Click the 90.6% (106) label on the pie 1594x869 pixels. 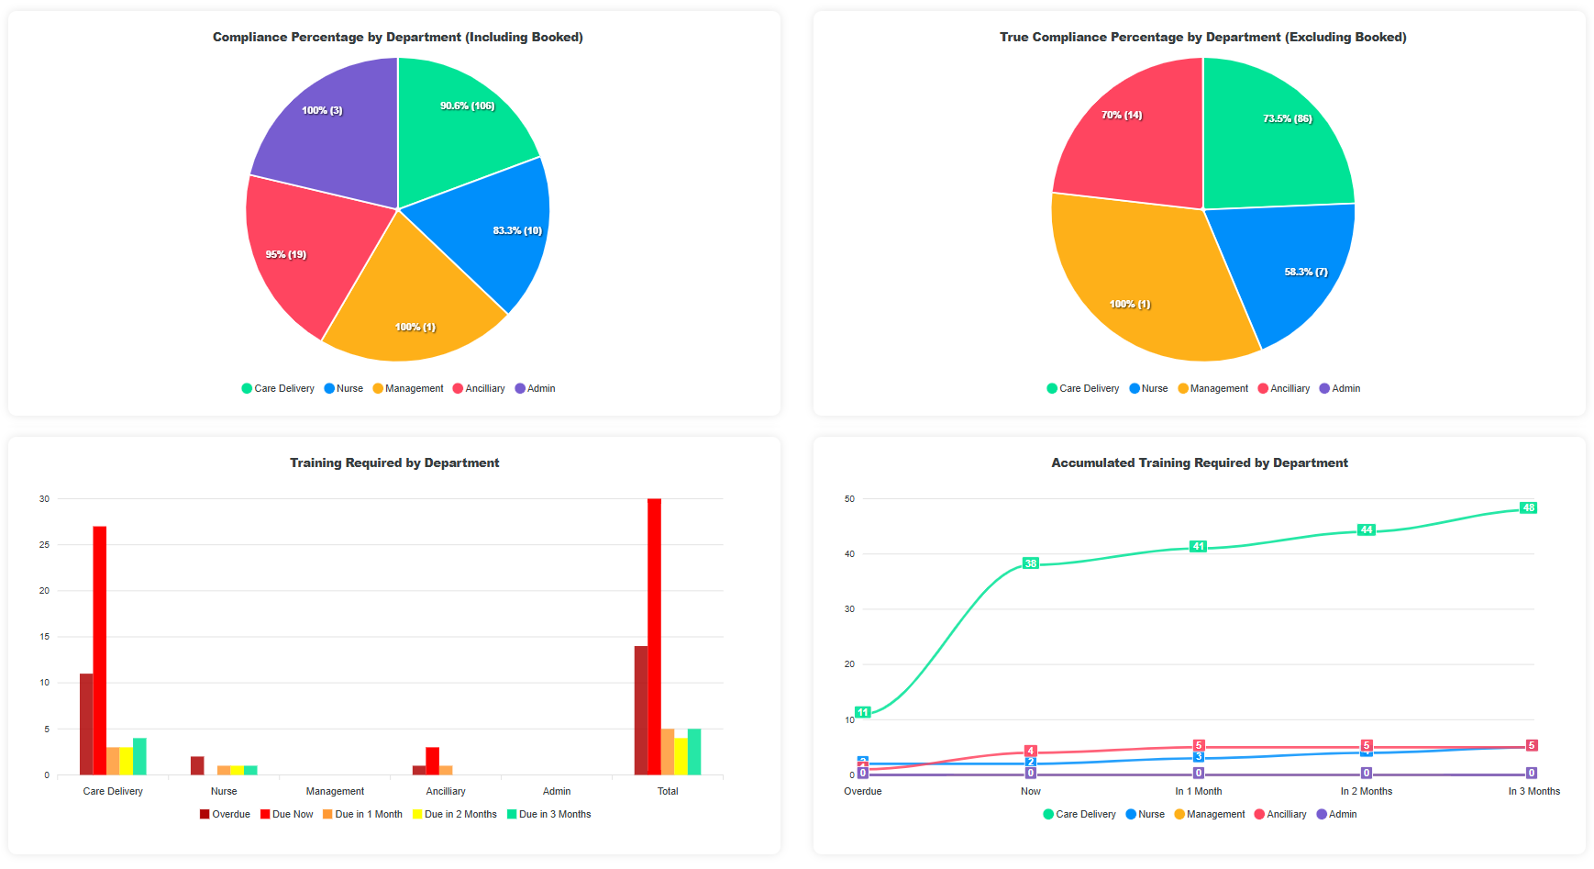467,106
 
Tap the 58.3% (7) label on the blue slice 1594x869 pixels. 1306,273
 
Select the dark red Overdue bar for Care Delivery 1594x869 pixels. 86,724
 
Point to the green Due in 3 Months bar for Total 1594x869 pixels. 694,752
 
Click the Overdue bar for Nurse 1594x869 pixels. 197,765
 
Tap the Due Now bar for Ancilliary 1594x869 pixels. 432,761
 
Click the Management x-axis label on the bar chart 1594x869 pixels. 335,792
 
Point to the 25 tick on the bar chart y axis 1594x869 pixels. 44,545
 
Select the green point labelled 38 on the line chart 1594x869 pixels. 1031,563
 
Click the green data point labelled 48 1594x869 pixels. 1528,508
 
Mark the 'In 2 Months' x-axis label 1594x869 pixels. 1366,792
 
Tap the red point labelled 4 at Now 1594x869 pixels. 1031,751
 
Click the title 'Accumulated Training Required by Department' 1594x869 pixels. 1199,463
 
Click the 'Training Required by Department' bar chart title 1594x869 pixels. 394,463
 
